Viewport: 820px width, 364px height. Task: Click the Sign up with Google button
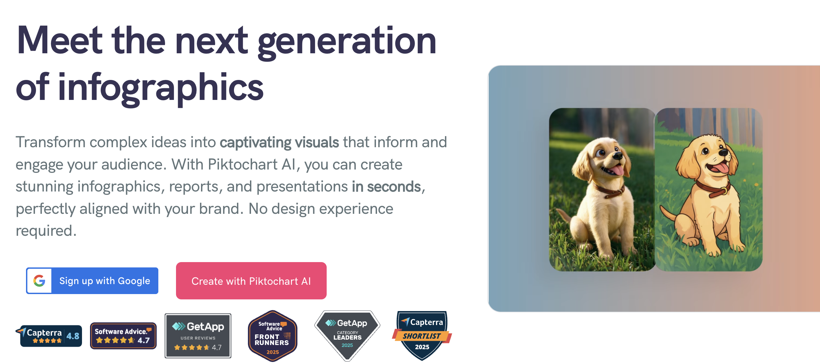tap(92, 281)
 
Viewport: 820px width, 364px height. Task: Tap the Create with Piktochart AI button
tap(251, 281)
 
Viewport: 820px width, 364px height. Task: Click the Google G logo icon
tap(39, 281)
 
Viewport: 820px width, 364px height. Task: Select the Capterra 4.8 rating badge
tap(49, 336)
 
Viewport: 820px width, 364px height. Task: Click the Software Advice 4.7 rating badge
tap(123, 336)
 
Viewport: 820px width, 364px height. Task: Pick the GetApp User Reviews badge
tap(198, 336)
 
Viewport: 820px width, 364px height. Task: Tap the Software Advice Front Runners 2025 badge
tap(273, 336)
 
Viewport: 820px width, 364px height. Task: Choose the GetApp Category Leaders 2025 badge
tap(347, 336)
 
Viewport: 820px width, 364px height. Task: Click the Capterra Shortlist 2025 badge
tap(422, 336)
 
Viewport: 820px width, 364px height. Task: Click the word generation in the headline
tap(347, 41)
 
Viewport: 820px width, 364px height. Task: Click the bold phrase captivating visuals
tap(279, 142)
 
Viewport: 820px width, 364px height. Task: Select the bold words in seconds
tap(386, 186)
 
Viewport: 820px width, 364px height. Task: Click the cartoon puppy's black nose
tap(723, 153)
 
